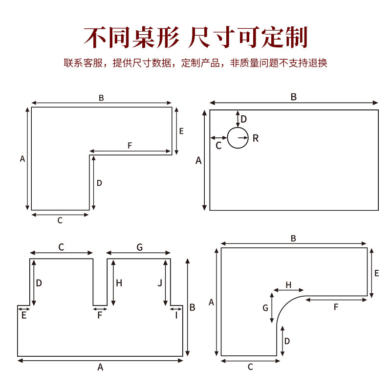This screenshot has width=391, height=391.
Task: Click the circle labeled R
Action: pyautogui.click(x=238, y=138)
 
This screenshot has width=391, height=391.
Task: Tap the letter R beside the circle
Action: pyautogui.click(x=256, y=138)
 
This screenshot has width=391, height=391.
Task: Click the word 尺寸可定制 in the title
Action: pyautogui.click(x=249, y=38)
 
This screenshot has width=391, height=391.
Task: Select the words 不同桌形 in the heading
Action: pyautogui.click(x=131, y=38)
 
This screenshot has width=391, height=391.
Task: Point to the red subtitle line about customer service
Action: pyautogui.click(x=195, y=63)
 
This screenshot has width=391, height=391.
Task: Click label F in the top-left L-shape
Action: pyautogui.click(x=130, y=146)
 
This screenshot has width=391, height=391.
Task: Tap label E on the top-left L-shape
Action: pyautogui.click(x=181, y=131)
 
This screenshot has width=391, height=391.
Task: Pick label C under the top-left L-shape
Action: pyautogui.click(x=60, y=220)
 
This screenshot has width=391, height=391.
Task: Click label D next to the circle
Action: pyautogui.click(x=244, y=119)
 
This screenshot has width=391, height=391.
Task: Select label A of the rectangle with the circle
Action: pyautogui.click(x=198, y=160)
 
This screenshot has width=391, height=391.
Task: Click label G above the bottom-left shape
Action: pyautogui.click(x=139, y=248)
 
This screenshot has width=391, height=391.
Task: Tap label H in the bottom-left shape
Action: pyautogui.click(x=119, y=282)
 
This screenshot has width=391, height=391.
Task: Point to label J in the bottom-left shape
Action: pyautogui.click(x=160, y=282)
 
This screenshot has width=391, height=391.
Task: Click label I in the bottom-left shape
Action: pyautogui.click(x=176, y=315)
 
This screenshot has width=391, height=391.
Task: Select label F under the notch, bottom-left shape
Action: pyautogui.click(x=100, y=315)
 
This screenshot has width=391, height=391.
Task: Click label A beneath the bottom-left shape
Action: pyautogui.click(x=100, y=367)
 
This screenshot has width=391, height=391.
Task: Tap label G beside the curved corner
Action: pyautogui.click(x=265, y=308)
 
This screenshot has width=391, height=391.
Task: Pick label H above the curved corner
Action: pyautogui.click(x=288, y=285)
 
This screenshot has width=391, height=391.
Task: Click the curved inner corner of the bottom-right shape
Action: pyautogui.click(x=286, y=305)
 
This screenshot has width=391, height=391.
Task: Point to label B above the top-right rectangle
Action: pyautogui.click(x=294, y=97)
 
